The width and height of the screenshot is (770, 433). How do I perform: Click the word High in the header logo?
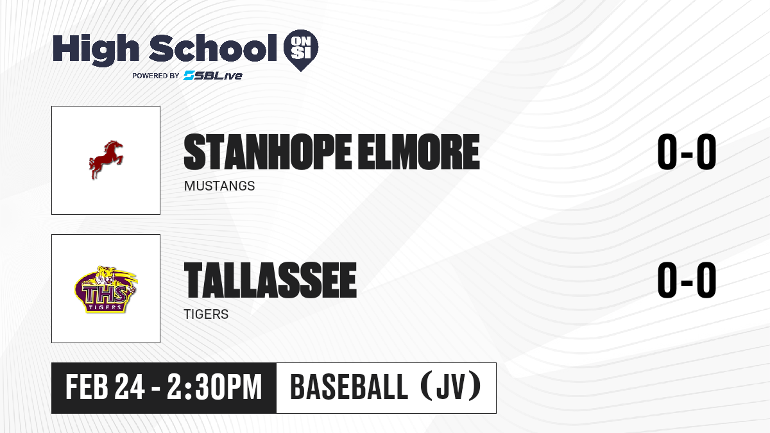(x=96, y=50)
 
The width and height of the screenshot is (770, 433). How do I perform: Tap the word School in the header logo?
(x=213, y=47)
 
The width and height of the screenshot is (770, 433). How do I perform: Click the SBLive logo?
(x=213, y=76)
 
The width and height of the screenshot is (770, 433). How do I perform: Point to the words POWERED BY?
(x=156, y=76)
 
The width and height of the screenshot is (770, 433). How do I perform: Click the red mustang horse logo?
(x=106, y=160)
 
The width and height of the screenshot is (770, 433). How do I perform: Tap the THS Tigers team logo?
(x=106, y=289)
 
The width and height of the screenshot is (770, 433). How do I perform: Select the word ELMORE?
(x=418, y=152)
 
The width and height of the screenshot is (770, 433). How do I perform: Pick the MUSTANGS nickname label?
(x=219, y=186)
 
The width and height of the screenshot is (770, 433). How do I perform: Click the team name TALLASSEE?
(x=270, y=280)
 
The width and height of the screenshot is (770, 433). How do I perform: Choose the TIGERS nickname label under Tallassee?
(x=206, y=314)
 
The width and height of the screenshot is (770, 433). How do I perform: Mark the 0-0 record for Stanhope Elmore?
(x=687, y=151)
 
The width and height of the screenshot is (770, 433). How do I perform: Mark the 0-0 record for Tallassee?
(x=687, y=280)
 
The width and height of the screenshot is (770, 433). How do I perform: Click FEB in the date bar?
(x=87, y=387)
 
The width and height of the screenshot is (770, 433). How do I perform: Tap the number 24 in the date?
(x=130, y=387)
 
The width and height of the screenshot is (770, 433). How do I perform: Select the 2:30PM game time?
(x=214, y=387)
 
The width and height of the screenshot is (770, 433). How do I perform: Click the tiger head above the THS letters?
(x=106, y=275)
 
